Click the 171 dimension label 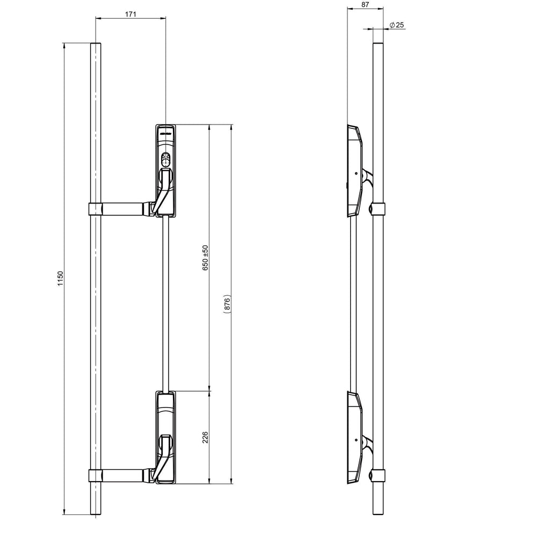point(130,14)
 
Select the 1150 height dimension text point(60,278)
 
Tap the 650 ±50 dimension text point(205,258)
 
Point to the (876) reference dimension point(227,303)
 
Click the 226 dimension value point(205,437)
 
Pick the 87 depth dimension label point(365,5)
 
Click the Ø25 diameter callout point(397,25)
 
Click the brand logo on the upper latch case point(165,132)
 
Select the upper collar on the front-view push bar point(95,209)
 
